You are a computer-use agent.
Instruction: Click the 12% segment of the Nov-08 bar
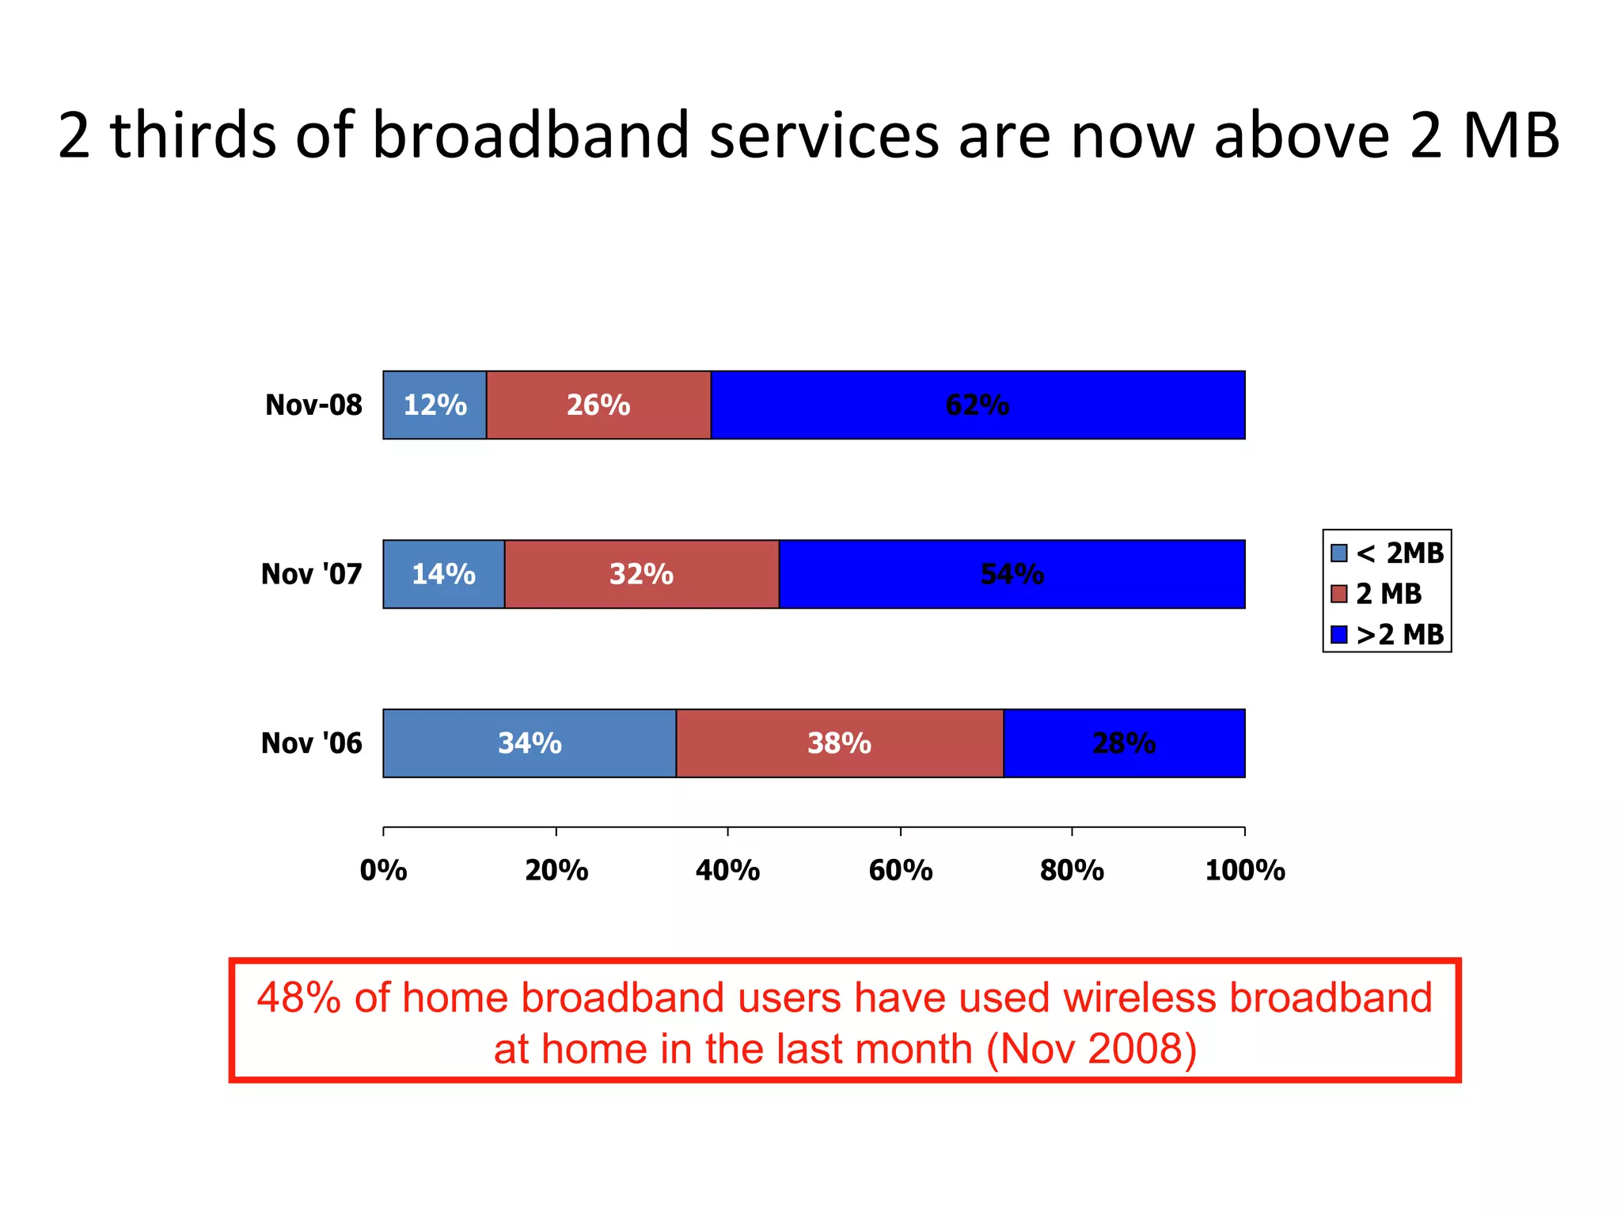(x=435, y=405)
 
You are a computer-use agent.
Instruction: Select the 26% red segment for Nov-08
(x=598, y=405)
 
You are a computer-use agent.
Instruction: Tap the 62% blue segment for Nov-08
(x=978, y=405)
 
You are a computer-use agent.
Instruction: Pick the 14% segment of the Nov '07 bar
(x=443, y=574)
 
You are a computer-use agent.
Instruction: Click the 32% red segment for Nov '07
(x=641, y=574)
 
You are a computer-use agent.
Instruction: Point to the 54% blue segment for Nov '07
(x=1012, y=574)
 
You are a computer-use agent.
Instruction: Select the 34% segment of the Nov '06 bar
(x=530, y=743)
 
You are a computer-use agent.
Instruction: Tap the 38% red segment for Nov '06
(x=839, y=743)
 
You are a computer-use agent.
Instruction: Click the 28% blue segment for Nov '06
(x=1124, y=743)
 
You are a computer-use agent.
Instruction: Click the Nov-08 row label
(x=313, y=405)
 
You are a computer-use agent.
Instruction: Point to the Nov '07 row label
(x=311, y=574)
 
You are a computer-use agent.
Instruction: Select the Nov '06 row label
(x=311, y=743)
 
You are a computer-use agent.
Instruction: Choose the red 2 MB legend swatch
(x=1339, y=594)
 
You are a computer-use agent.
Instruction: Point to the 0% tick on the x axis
(x=384, y=871)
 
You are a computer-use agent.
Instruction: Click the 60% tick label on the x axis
(x=901, y=871)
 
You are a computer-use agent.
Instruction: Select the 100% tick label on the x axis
(x=1244, y=871)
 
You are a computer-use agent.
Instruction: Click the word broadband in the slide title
(x=530, y=135)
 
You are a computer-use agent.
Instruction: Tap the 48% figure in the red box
(x=299, y=997)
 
